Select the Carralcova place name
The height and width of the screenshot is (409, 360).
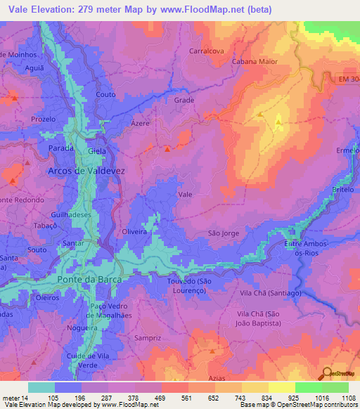click(x=207, y=51)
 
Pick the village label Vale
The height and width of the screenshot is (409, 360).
click(x=186, y=194)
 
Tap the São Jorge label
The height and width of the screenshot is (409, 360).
click(x=224, y=233)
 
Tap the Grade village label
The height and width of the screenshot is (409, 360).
click(x=184, y=100)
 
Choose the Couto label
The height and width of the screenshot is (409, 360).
click(x=105, y=94)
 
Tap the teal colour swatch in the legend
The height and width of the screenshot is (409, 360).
click(x=41, y=387)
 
